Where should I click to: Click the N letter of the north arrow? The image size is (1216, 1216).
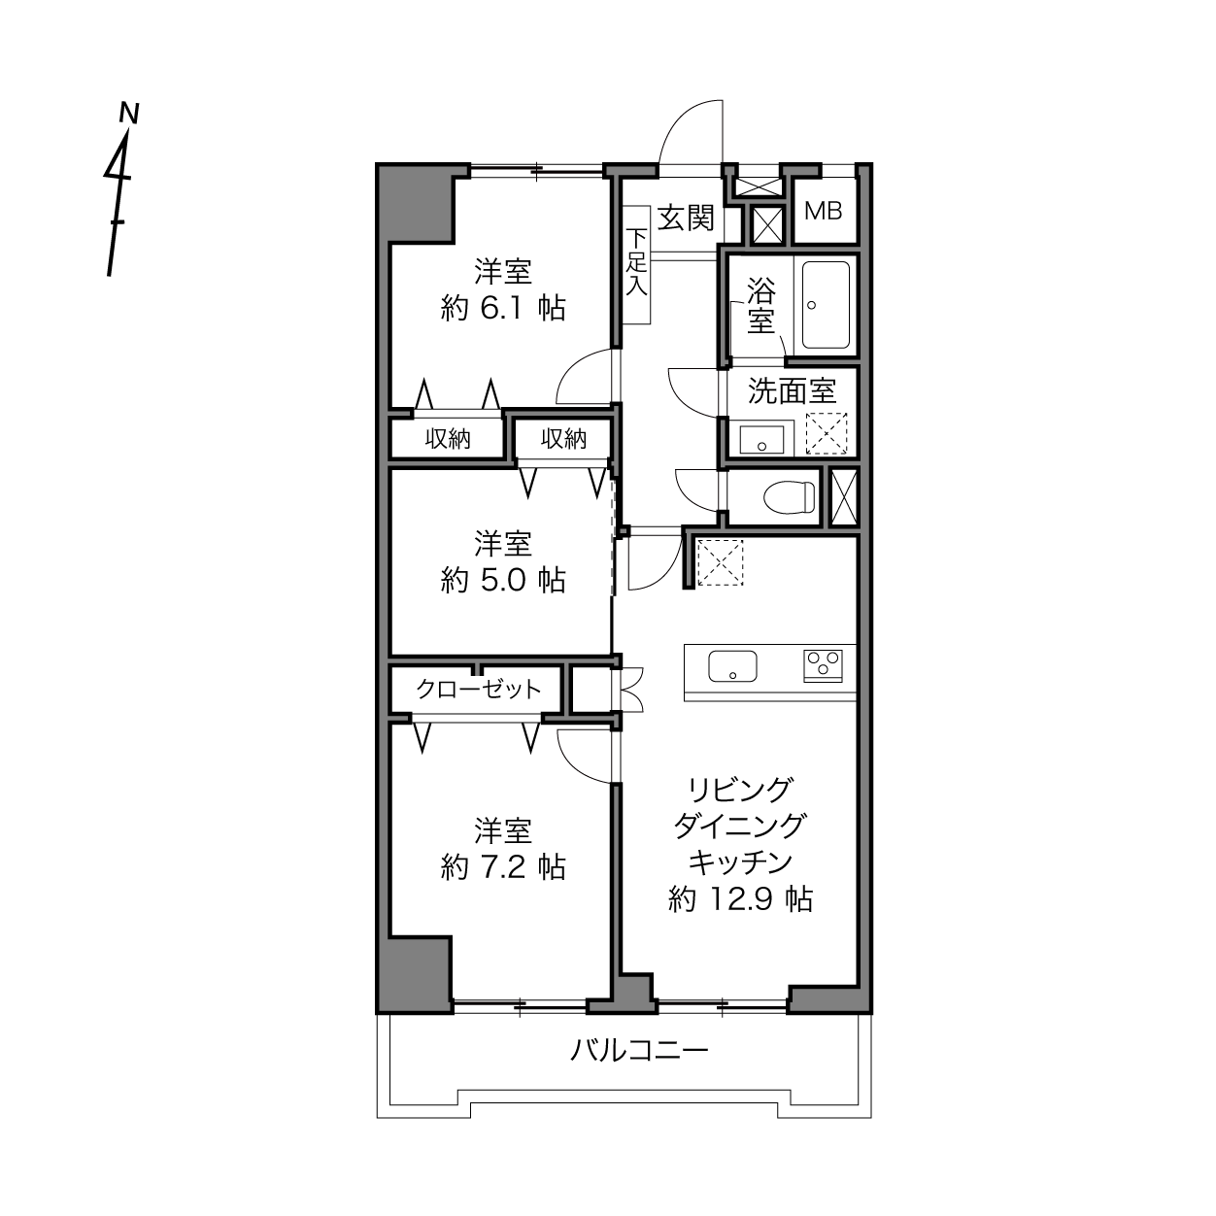point(129,113)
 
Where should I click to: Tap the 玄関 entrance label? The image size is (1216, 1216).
point(686,219)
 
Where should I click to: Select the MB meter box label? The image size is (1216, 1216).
point(823,211)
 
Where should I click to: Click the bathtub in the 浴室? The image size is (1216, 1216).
point(826,305)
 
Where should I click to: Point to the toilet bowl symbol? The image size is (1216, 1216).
point(789,497)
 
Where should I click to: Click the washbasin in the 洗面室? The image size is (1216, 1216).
point(761,439)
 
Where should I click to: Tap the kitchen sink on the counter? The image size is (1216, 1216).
point(732,665)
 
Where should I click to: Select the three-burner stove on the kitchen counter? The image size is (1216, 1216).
point(823,665)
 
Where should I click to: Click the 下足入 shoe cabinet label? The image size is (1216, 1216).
point(637,262)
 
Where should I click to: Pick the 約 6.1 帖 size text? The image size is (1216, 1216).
point(503,309)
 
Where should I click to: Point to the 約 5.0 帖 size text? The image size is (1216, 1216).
point(503,580)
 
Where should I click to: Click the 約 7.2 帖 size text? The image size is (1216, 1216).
point(503,867)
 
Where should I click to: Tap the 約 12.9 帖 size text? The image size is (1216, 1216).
point(740,898)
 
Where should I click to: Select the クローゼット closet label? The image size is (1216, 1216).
point(478,689)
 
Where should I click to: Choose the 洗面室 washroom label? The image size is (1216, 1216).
point(792,390)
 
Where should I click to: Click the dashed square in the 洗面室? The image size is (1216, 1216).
point(827,433)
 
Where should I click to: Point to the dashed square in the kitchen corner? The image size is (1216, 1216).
point(720,562)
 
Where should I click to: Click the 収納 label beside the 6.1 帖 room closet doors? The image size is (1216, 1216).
point(448,439)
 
